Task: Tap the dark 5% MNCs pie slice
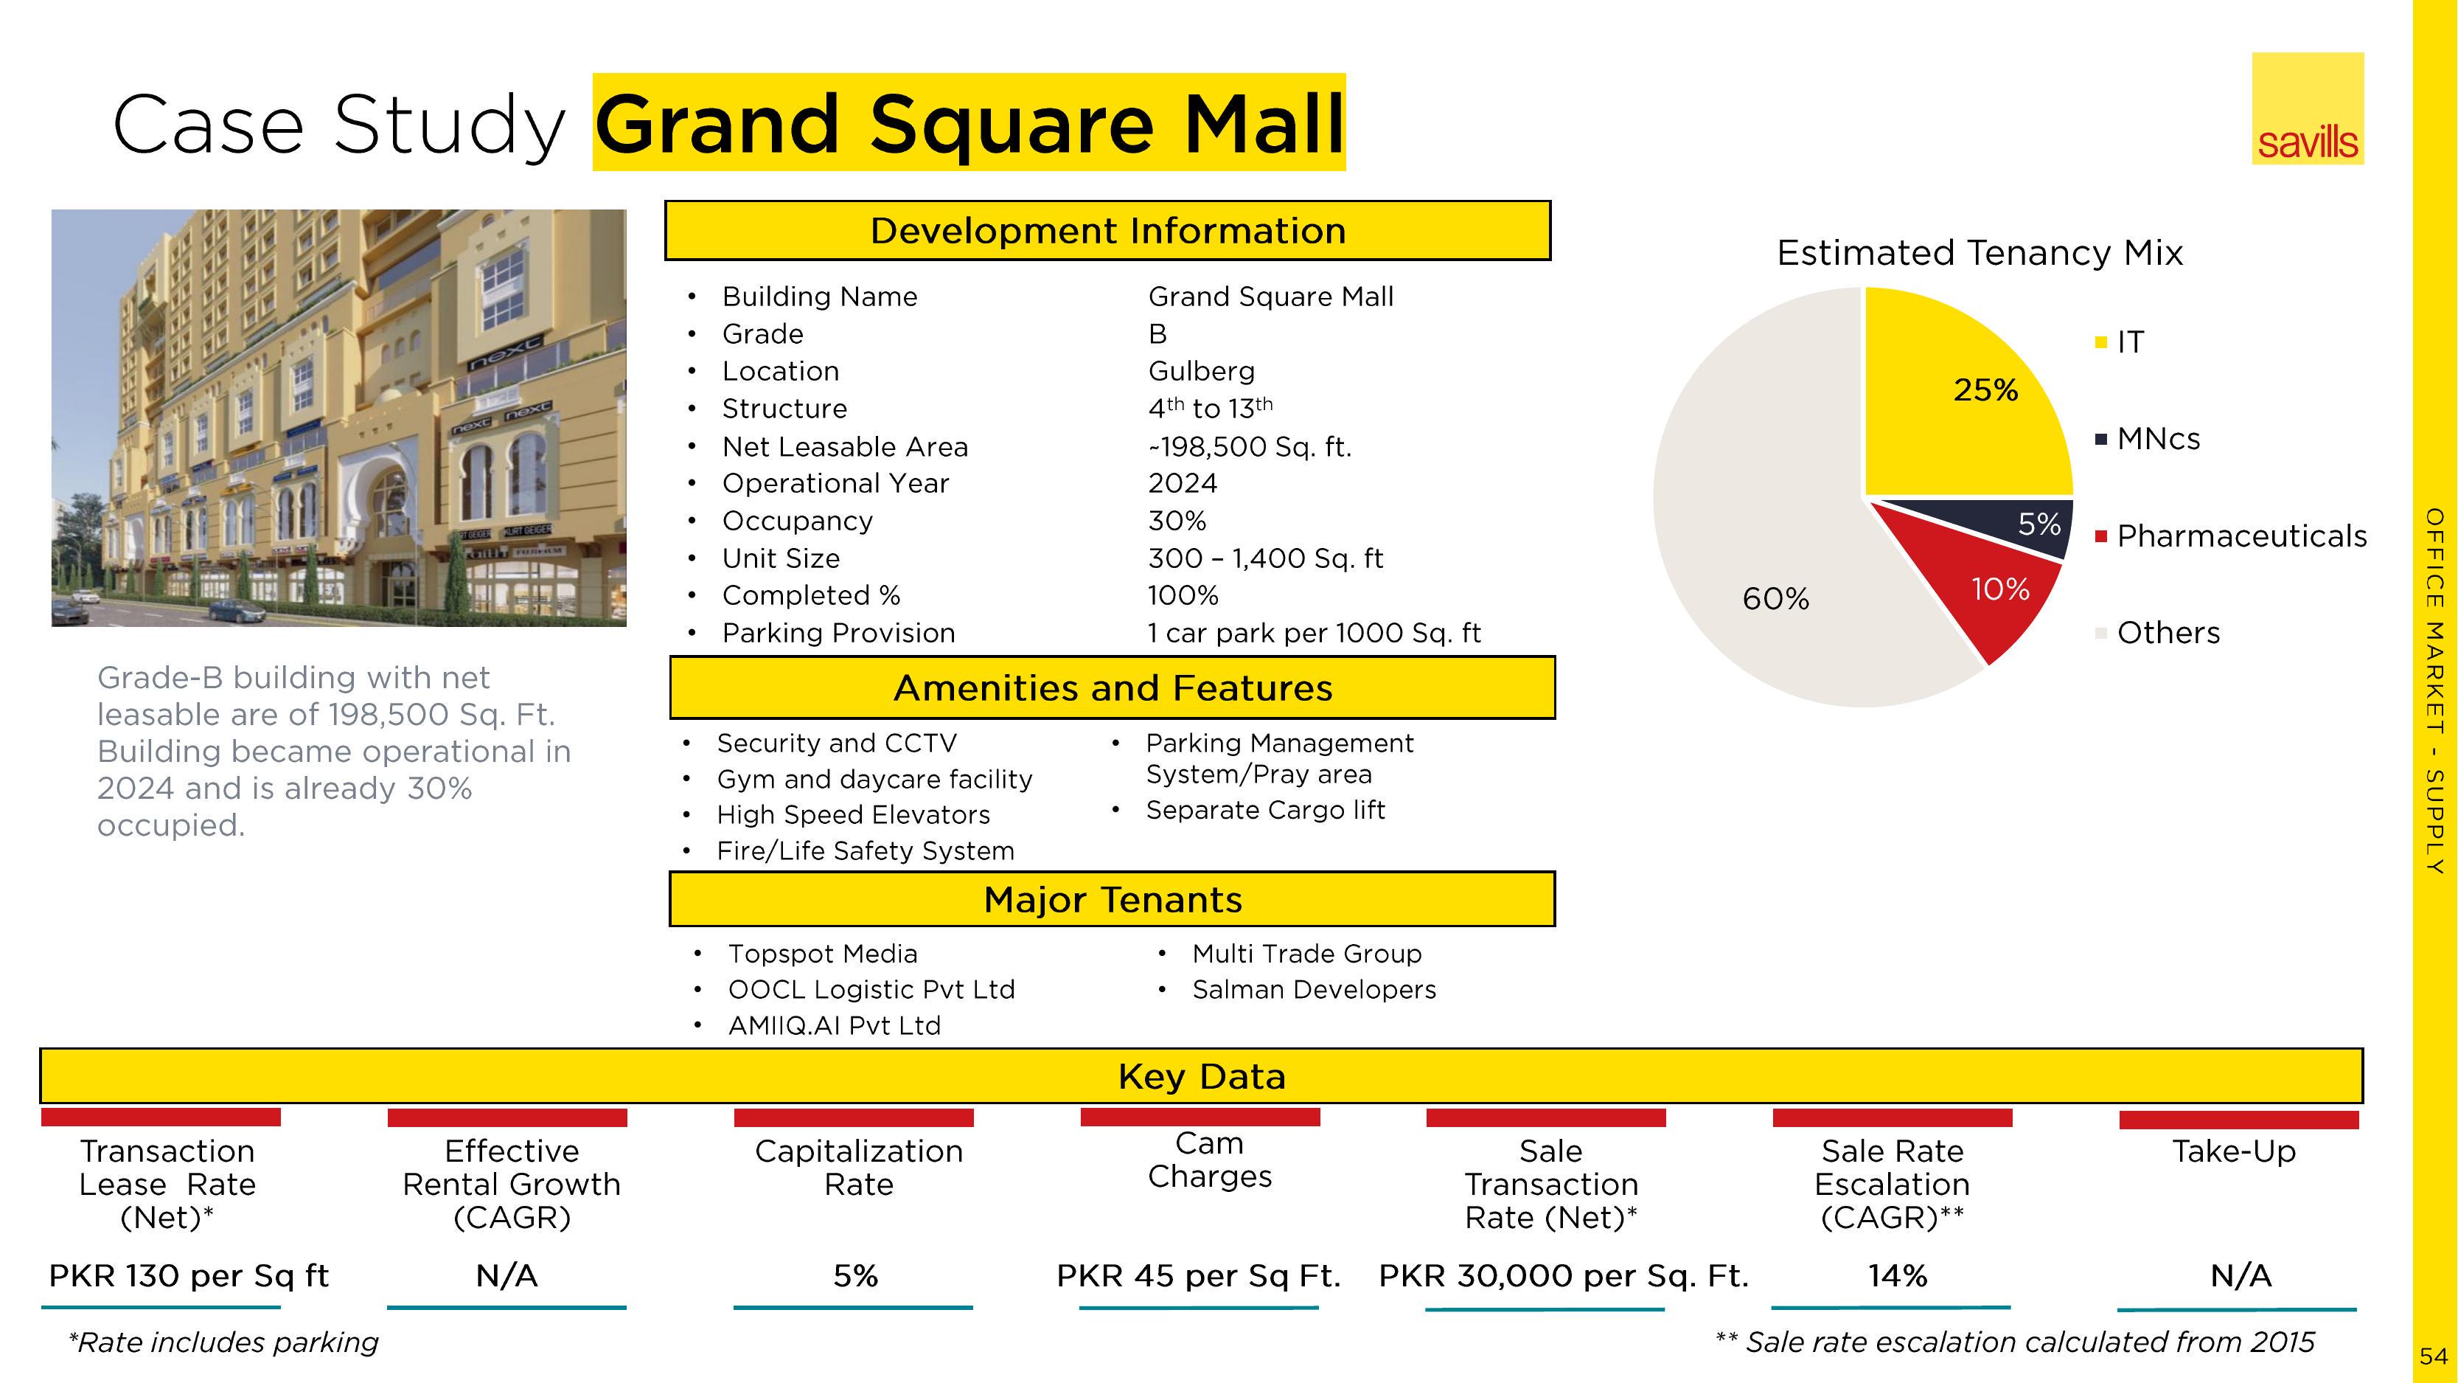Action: pyautogui.click(x=2023, y=525)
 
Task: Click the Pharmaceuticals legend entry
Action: pyautogui.click(x=2231, y=536)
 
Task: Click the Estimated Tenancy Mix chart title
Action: pyautogui.click(x=1980, y=253)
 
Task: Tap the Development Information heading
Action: pyautogui.click(x=1108, y=231)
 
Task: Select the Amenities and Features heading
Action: pyautogui.click(x=1113, y=687)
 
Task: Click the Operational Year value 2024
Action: pyautogui.click(x=1183, y=483)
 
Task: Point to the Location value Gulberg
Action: pyautogui.click(x=1201, y=371)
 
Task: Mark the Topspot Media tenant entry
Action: pyautogui.click(x=823, y=954)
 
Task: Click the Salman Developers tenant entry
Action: pyautogui.click(x=1314, y=990)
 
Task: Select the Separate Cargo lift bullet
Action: pyautogui.click(x=1265, y=811)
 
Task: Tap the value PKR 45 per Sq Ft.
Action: pyautogui.click(x=1199, y=1276)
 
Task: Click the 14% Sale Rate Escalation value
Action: pyautogui.click(x=1897, y=1276)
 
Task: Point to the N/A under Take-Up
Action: pyautogui.click(x=2241, y=1276)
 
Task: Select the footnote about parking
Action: pyautogui.click(x=223, y=1343)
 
